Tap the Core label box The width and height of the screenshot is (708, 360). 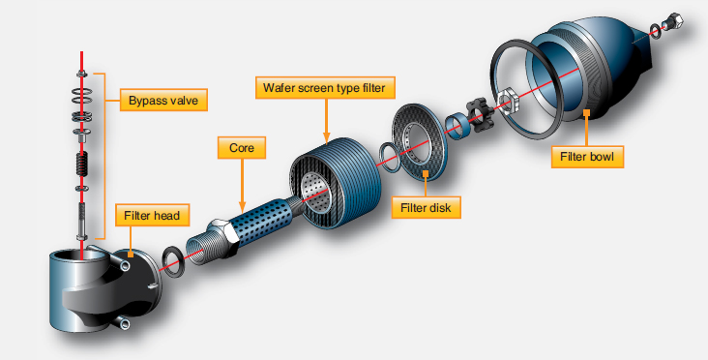[240, 149]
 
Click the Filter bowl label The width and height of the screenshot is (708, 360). [587, 154]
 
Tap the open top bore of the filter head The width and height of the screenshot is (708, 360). [80, 258]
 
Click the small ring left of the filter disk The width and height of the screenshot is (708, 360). [384, 155]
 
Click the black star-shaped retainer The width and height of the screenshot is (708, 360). [480, 113]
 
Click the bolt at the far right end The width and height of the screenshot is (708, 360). [673, 20]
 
